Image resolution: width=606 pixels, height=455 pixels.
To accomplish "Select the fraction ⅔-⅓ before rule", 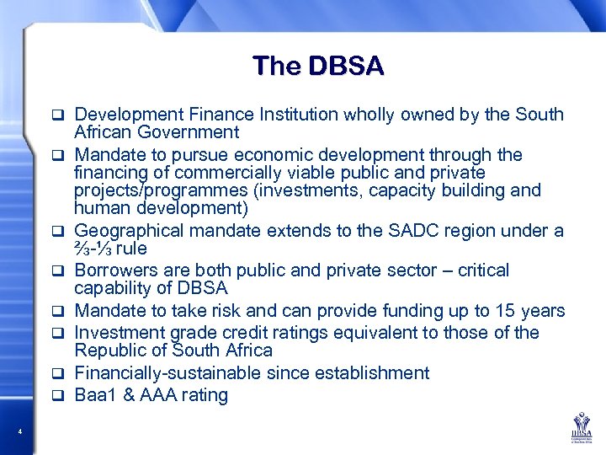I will pos(93,249).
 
